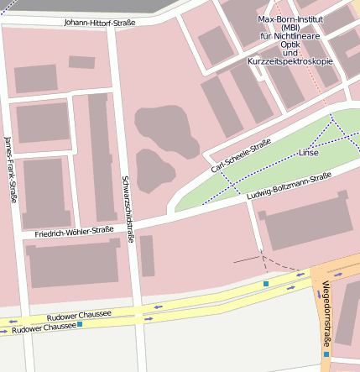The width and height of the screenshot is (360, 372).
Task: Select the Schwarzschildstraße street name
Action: point(128,209)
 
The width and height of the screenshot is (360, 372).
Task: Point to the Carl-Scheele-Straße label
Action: point(241,156)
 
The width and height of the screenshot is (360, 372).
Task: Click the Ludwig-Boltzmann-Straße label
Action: point(290,186)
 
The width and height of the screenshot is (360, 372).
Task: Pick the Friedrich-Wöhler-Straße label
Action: point(74,231)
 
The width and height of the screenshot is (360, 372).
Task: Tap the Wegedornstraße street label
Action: point(327,312)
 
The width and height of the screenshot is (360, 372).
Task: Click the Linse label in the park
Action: point(309,153)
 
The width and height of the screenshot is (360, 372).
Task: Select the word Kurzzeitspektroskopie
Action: point(290,61)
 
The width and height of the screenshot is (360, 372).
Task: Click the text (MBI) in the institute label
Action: point(290,28)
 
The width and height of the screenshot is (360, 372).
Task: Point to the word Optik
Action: point(290,45)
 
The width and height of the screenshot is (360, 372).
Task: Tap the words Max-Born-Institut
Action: point(290,18)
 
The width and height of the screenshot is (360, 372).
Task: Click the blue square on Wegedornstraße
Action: point(326,354)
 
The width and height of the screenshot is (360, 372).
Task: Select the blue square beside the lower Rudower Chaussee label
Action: point(80,324)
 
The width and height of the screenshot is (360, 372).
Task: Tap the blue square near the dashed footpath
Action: point(266,285)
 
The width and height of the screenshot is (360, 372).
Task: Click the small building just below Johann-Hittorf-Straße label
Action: point(81,62)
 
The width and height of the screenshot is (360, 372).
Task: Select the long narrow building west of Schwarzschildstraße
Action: point(103,155)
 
